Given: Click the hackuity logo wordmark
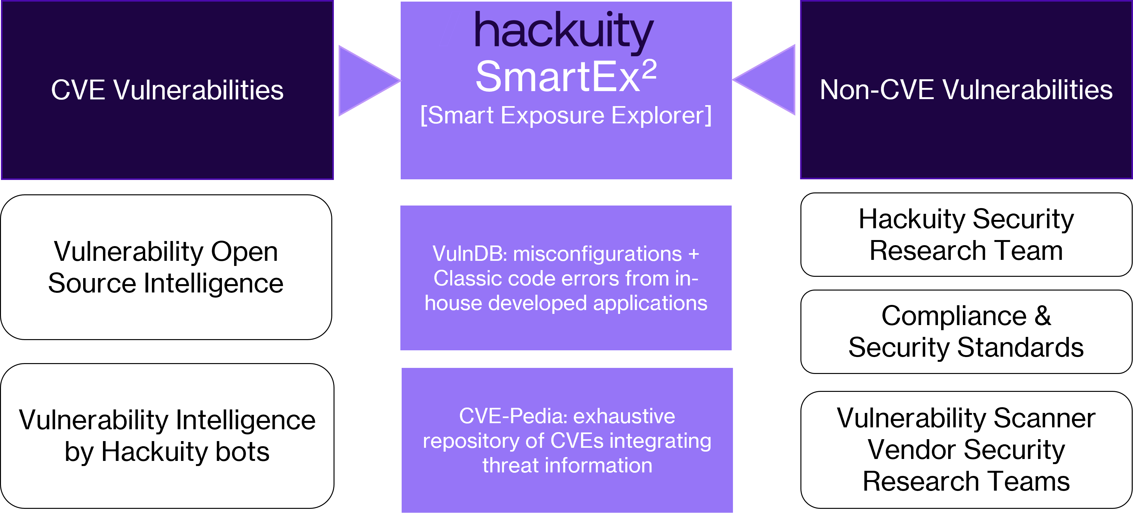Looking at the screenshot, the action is tap(564, 32).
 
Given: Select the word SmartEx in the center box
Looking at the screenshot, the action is tap(558, 77).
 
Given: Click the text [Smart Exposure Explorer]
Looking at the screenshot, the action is tap(566, 116).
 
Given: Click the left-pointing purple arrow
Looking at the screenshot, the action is tap(764, 80).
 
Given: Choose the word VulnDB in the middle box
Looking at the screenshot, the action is tap(470, 254).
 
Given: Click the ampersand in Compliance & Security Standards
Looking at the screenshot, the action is tap(1043, 315).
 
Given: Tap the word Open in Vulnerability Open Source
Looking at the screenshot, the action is tap(245, 252).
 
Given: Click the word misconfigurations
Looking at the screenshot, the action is tap(597, 254).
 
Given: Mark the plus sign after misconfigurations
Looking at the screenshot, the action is tap(694, 254).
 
